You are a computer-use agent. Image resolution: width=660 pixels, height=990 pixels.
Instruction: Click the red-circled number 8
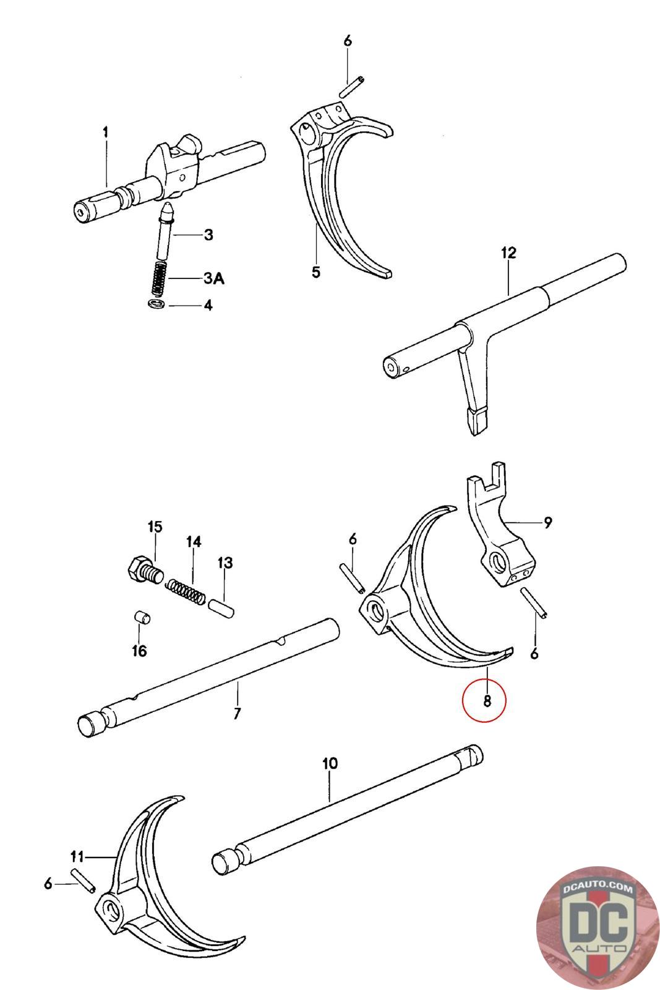point(486,700)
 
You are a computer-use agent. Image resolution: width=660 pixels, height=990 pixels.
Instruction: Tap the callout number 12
point(508,253)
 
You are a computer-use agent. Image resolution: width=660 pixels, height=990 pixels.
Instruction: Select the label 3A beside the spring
point(213,279)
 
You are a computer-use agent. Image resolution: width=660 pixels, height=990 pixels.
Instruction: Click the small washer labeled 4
point(156,304)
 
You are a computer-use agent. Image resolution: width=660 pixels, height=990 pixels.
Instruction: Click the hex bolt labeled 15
point(144,570)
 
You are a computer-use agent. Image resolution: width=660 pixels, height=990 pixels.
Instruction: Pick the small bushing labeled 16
point(142,618)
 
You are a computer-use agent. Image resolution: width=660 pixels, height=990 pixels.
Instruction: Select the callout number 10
point(330,764)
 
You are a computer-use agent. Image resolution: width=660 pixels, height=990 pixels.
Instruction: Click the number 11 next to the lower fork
point(77,856)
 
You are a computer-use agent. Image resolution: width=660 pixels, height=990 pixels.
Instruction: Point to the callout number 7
point(237,713)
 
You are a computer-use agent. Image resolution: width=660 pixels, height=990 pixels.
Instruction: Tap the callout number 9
point(547,523)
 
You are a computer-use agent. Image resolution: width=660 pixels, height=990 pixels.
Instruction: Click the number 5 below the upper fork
point(316,272)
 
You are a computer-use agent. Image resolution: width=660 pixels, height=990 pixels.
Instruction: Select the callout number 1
point(106,132)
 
